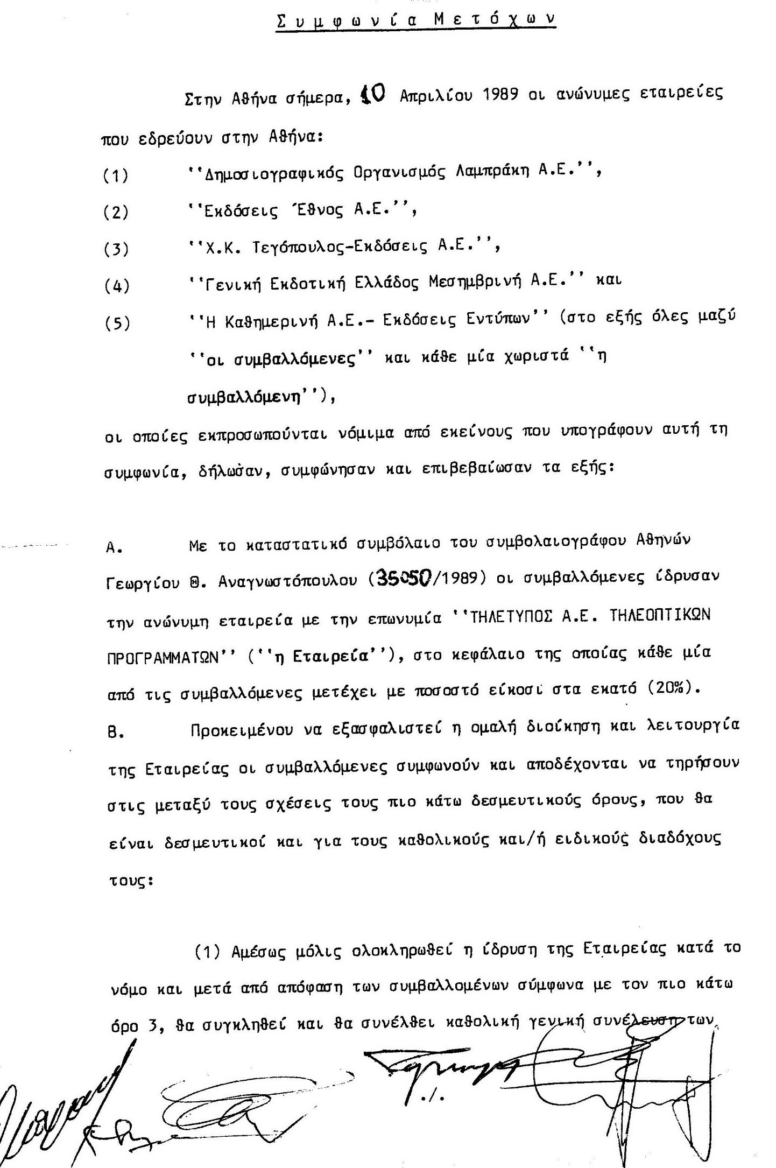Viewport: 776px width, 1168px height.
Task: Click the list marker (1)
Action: (116, 175)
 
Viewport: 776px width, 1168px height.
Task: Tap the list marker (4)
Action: (116, 285)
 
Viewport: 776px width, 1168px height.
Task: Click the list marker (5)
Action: (116, 323)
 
